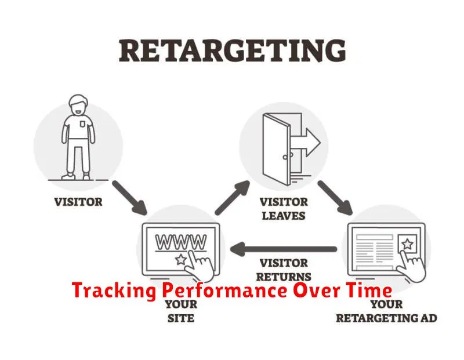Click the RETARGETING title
click(x=233, y=51)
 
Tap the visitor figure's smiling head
click(x=78, y=106)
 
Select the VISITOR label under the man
click(x=78, y=202)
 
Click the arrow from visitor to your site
click(x=129, y=198)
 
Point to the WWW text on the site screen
click(x=181, y=242)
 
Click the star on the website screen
click(x=181, y=260)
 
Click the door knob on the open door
click(x=285, y=157)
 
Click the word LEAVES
click(x=284, y=216)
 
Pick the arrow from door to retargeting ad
click(x=335, y=198)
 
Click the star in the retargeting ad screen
click(x=408, y=244)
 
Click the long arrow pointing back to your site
click(x=284, y=249)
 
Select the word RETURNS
click(x=284, y=277)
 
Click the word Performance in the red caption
click(x=224, y=291)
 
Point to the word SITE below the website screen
click(x=181, y=318)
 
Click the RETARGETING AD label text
click(x=386, y=318)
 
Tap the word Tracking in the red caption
click(x=114, y=291)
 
